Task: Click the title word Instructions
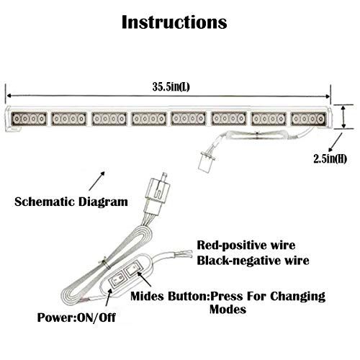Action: [174, 22]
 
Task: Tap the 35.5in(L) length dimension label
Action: [171, 86]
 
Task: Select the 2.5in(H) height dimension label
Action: [330, 158]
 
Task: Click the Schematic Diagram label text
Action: [71, 202]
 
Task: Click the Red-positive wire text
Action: [246, 246]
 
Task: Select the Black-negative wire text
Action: [253, 261]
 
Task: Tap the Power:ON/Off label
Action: [76, 318]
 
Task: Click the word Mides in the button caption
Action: [148, 296]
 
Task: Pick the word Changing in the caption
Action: [298, 297]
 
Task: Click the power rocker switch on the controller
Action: [118, 280]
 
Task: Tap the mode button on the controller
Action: [133, 271]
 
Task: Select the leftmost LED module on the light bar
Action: [30, 119]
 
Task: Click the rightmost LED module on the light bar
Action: [308, 119]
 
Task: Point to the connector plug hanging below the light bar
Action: [207, 161]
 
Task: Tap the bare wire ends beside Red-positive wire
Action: [183, 253]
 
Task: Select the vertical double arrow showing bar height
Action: [343, 117]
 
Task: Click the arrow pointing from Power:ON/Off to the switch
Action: [109, 297]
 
